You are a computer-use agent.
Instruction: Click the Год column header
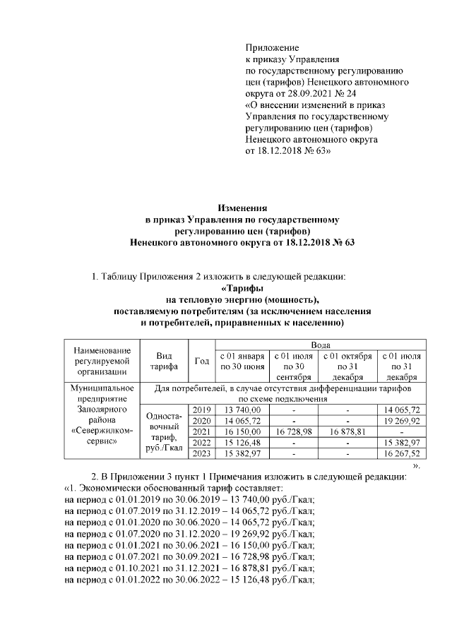click(201, 362)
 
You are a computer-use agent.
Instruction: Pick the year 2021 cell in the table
click(201, 431)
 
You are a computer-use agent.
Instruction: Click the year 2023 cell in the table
click(201, 453)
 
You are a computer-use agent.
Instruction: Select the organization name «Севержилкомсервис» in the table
click(102, 436)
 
